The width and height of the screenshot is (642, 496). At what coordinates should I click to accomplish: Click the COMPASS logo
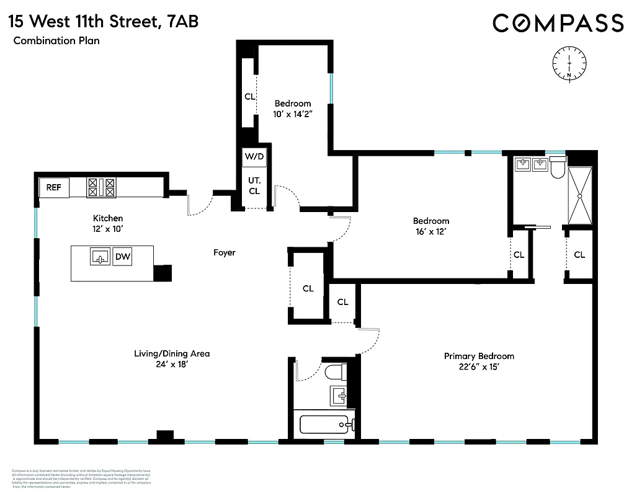point(558,23)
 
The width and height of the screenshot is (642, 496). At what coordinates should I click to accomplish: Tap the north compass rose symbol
point(569,62)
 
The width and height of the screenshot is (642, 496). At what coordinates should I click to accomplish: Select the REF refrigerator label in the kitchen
point(54,187)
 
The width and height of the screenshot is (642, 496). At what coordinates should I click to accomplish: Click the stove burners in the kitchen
point(102,187)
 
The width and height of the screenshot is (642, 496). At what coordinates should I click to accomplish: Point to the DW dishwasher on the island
point(123,255)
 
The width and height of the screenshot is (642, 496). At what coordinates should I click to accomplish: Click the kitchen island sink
point(100,255)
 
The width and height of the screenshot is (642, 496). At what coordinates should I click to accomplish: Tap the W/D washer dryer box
point(254,157)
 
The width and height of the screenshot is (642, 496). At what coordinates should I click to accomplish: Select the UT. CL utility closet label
point(254,185)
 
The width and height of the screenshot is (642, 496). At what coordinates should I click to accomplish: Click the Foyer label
point(224,253)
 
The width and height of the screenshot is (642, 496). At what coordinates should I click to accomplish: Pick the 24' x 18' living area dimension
point(172,365)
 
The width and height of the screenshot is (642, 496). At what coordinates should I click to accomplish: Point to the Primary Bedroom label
point(479,356)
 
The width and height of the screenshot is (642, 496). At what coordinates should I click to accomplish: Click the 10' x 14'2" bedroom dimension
point(293,114)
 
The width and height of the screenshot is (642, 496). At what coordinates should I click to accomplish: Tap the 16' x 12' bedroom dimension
point(431,231)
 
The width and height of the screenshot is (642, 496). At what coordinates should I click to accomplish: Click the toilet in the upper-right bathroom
point(557,166)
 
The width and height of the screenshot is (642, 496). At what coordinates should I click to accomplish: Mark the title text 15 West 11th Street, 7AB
point(104,22)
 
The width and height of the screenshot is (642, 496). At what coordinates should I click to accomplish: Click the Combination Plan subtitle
point(55,42)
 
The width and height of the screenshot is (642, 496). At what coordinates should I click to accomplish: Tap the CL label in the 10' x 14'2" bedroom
point(249,97)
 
